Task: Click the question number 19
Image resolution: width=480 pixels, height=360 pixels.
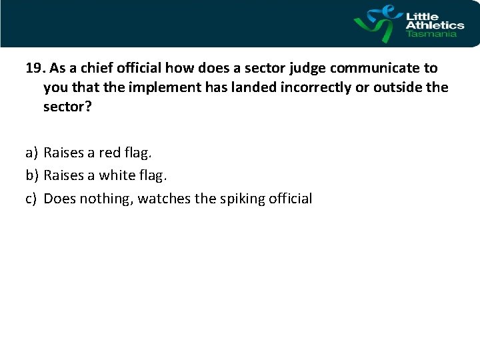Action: click(35, 68)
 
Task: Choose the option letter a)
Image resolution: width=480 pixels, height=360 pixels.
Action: click(31, 153)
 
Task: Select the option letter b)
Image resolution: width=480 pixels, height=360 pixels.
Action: click(32, 175)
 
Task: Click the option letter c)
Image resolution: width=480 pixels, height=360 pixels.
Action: click(31, 198)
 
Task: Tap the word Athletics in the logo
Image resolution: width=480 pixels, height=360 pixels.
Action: click(435, 25)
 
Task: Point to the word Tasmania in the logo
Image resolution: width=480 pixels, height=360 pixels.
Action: click(431, 34)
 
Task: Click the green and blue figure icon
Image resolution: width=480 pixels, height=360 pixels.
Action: click(377, 23)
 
